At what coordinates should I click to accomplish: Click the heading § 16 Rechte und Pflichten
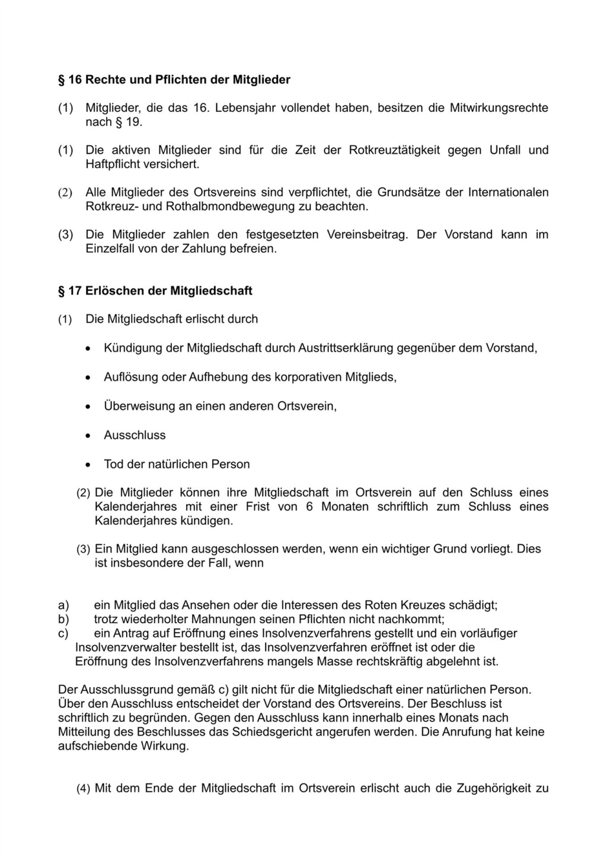[x=174, y=79]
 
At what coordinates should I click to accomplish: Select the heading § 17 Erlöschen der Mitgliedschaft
[x=155, y=291]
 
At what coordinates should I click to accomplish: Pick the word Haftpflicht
[x=113, y=164]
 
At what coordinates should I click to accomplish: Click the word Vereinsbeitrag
[x=367, y=235]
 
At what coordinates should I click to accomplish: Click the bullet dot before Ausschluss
[x=88, y=436]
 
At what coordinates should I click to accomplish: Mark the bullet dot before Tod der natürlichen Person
[x=88, y=465]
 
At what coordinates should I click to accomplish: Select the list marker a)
[x=63, y=605]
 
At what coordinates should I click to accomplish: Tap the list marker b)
[x=63, y=619]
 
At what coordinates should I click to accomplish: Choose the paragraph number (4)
[x=83, y=789]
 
